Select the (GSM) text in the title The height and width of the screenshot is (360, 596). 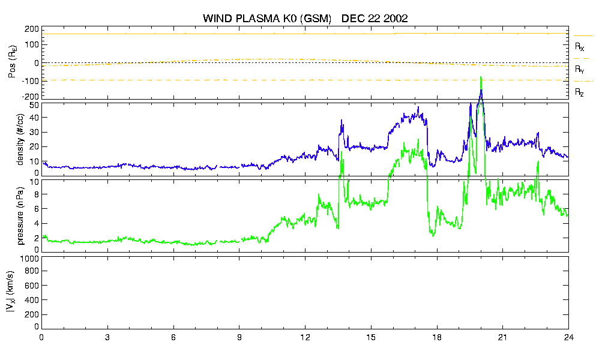pyautogui.click(x=316, y=19)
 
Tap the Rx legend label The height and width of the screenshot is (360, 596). pyautogui.click(x=579, y=47)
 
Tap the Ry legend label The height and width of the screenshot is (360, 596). pyautogui.click(x=579, y=69)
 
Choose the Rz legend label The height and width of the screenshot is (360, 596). pyautogui.click(x=579, y=92)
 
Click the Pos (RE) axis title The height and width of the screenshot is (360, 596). pyautogui.click(x=13, y=62)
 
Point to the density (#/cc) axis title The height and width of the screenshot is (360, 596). pyautogui.click(x=20, y=139)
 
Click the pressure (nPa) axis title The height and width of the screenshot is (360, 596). pyautogui.click(x=20, y=215)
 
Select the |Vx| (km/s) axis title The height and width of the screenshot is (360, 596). pyautogui.click(x=11, y=292)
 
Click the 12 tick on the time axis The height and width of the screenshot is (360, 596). pyautogui.click(x=306, y=337)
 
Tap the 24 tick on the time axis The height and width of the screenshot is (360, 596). pyautogui.click(x=568, y=337)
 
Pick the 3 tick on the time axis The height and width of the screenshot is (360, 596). pyautogui.click(x=107, y=337)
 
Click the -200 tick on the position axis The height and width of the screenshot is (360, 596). pyautogui.click(x=31, y=97)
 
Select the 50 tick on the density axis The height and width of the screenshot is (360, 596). pyautogui.click(x=34, y=106)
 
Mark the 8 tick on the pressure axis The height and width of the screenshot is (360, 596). pyautogui.click(x=37, y=194)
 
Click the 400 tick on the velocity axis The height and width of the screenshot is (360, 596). pyautogui.click(x=32, y=301)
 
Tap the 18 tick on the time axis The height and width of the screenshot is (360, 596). pyautogui.click(x=437, y=337)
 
